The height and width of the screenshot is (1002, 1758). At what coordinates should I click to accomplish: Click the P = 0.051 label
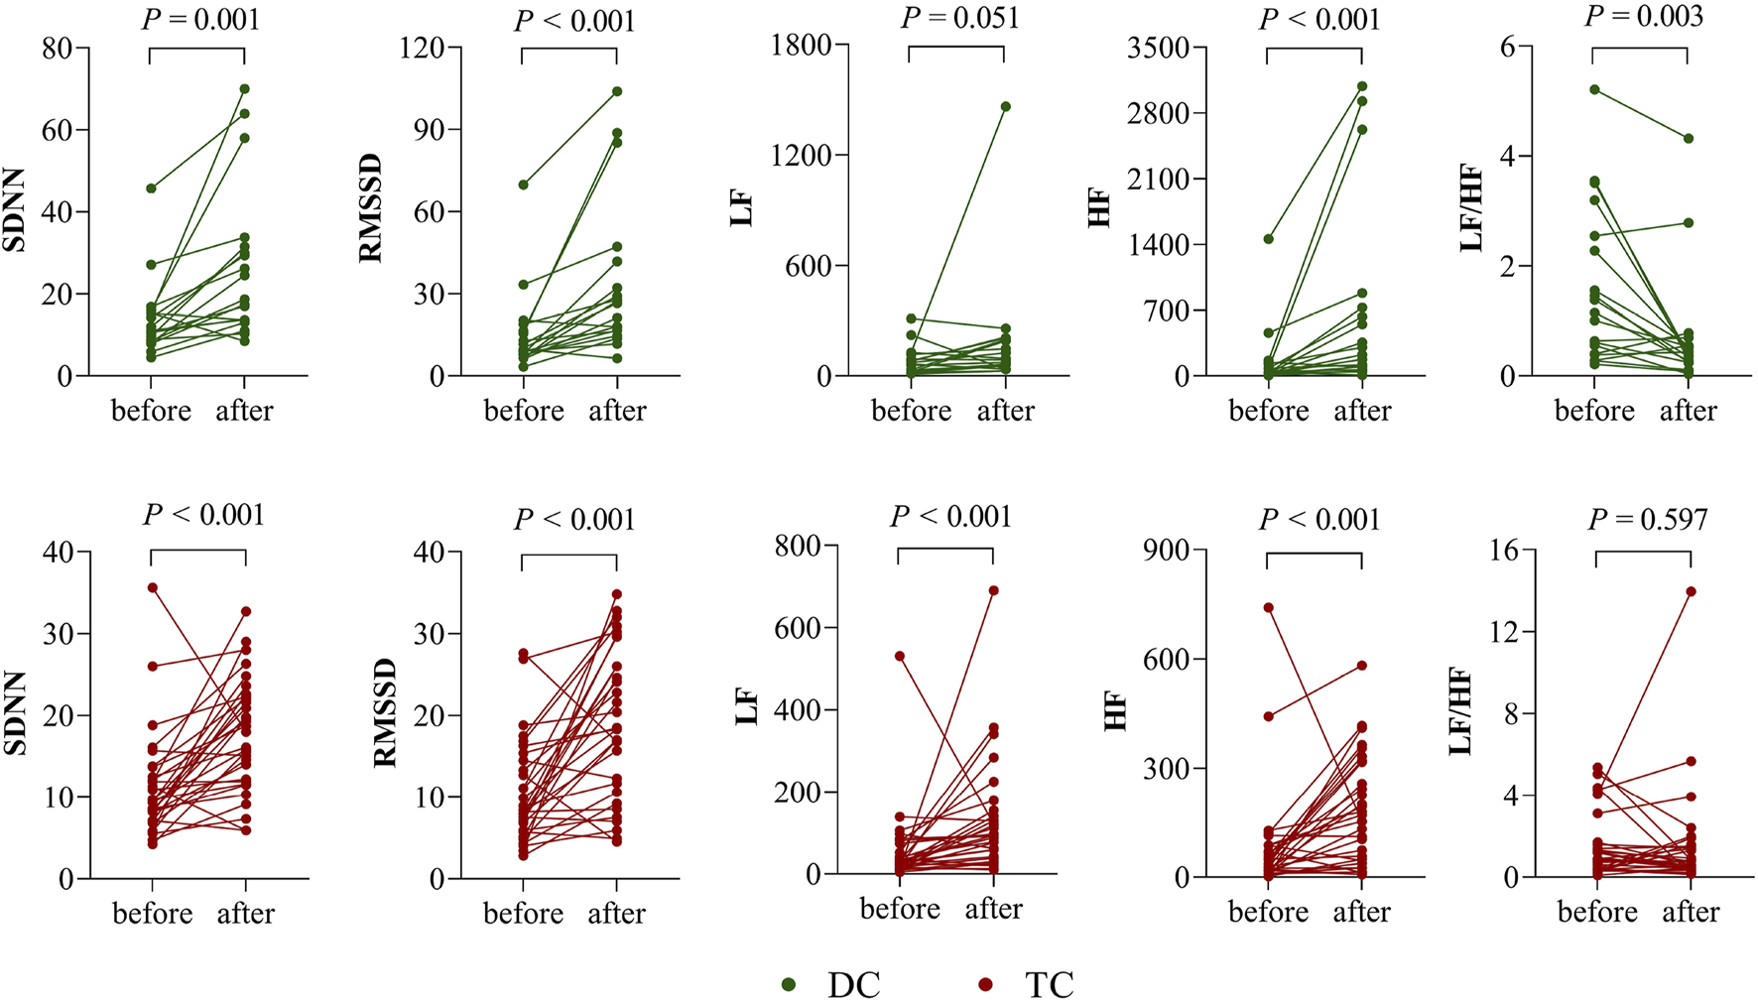(959, 19)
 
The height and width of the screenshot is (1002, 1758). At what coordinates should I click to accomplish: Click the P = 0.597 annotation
(1648, 519)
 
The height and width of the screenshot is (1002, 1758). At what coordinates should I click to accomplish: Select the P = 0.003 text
(1644, 17)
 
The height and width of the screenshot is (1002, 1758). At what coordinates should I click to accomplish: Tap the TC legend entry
(1027, 984)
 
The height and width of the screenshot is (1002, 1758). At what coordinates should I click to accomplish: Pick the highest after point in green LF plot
(1005, 106)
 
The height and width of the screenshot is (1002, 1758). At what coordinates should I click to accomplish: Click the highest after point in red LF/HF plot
(1691, 591)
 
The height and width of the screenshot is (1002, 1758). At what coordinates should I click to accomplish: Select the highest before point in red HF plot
(1268, 607)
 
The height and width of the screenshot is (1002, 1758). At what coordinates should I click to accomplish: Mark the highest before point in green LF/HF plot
(1594, 89)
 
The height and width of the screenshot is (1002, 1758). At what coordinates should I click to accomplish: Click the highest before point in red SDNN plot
(152, 587)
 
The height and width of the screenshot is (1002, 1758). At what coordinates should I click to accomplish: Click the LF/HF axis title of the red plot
(1459, 711)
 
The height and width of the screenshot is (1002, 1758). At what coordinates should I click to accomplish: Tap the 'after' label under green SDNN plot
(244, 411)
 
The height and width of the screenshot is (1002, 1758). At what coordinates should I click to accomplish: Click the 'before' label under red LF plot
(900, 909)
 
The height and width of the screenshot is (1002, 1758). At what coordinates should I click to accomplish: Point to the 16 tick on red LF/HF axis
(1504, 550)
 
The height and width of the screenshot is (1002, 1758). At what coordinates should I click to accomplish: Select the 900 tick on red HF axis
(1167, 550)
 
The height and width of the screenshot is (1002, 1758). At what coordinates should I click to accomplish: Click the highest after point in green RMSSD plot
(617, 91)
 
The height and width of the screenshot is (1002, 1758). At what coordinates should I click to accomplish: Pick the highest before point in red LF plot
(899, 656)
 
